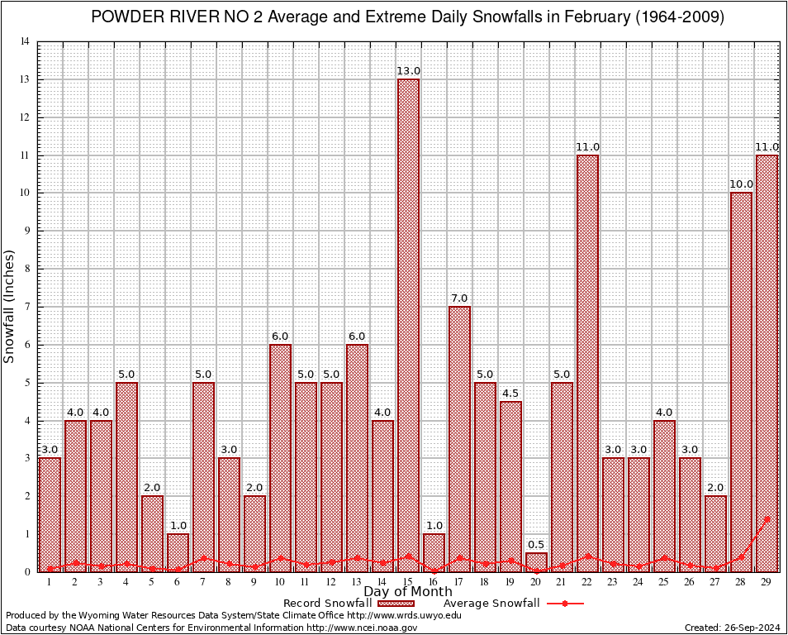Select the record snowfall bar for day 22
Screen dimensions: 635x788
(587, 363)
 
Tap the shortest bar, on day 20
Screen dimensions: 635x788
(536, 562)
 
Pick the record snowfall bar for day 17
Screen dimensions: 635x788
(459, 438)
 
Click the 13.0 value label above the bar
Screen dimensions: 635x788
(408, 71)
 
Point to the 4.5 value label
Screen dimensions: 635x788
(510, 393)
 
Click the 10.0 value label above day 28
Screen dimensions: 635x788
(741, 184)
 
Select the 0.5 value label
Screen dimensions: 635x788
(536, 544)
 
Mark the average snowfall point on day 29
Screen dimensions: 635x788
(767, 519)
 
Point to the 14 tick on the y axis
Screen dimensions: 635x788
(26, 42)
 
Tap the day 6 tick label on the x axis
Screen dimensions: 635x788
(178, 582)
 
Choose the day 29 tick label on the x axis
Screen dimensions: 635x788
(767, 582)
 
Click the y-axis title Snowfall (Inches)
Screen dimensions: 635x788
(9, 307)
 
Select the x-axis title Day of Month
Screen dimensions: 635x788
(408, 592)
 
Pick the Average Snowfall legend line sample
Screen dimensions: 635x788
(563, 604)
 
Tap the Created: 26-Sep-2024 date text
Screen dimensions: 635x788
(733, 628)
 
